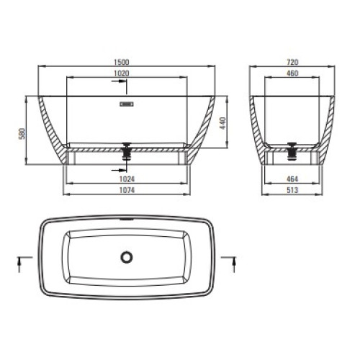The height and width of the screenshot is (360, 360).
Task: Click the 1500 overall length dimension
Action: click(x=121, y=62)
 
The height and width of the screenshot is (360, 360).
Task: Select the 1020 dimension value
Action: click(x=121, y=73)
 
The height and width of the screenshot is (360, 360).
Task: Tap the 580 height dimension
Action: click(x=22, y=134)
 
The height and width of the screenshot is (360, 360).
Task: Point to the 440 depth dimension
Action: click(x=223, y=123)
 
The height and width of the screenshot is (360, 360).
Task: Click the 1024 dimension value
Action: click(x=127, y=179)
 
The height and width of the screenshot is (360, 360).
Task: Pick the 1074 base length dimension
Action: click(x=127, y=190)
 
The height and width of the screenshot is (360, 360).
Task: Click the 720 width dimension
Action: click(x=292, y=62)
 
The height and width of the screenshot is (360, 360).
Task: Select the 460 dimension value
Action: click(x=292, y=73)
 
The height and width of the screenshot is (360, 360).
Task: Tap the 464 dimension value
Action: click(x=292, y=179)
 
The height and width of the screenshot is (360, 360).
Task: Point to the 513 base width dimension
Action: click(x=292, y=190)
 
